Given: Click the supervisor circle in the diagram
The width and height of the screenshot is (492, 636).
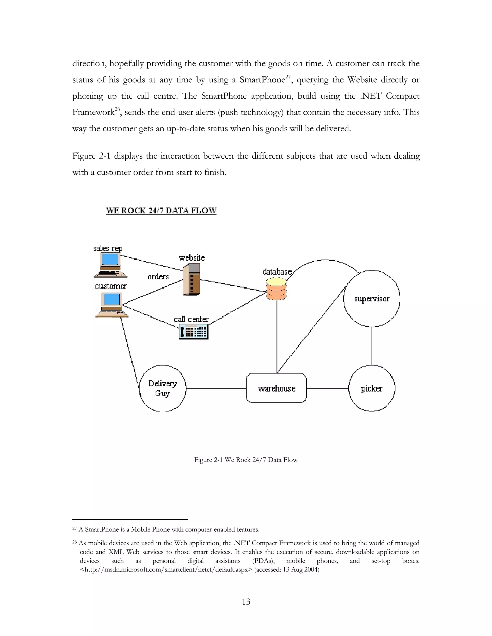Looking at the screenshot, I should point(371,299).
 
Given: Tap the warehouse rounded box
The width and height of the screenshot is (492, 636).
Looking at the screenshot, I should point(276,388).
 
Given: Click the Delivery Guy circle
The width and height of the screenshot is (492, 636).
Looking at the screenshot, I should point(162,388).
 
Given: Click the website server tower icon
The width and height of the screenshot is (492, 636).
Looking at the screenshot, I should point(191,280).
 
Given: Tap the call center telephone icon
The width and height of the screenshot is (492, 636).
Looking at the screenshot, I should point(194,332).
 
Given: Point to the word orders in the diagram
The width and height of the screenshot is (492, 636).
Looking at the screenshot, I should point(158,277).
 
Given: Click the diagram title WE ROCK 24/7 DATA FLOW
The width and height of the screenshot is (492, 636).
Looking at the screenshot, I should point(161,210).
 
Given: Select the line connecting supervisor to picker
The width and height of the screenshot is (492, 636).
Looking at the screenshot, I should point(372,346).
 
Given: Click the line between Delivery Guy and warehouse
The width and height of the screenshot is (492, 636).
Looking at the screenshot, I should point(216,388).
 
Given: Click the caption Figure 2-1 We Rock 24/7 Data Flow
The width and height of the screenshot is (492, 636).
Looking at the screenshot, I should point(246,460).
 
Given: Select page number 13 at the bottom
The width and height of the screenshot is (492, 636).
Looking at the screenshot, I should point(246,602).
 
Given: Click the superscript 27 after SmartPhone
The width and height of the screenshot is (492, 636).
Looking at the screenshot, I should point(288,77).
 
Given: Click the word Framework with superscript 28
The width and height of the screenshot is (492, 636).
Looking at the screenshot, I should point(93,112).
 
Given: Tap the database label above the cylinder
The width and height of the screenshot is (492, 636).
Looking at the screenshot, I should point(277,272).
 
